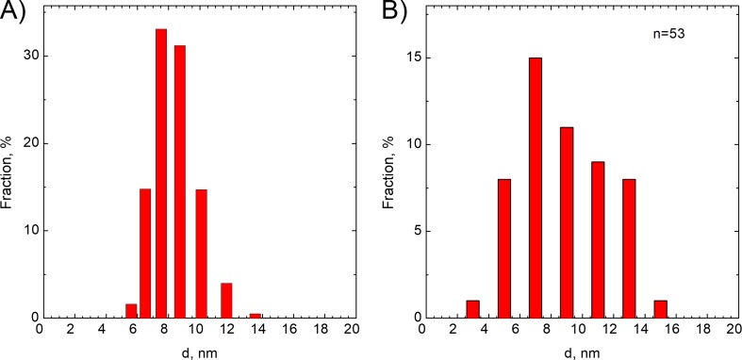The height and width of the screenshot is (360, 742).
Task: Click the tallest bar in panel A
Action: (x=161, y=174)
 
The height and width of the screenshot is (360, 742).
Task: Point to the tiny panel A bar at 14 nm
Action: (x=256, y=315)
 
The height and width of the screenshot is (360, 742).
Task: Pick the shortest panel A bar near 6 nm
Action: (x=131, y=311)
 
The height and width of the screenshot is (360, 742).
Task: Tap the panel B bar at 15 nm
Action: (x=660, y=309)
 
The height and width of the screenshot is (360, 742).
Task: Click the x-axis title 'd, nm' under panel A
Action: (x=194, y=351)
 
